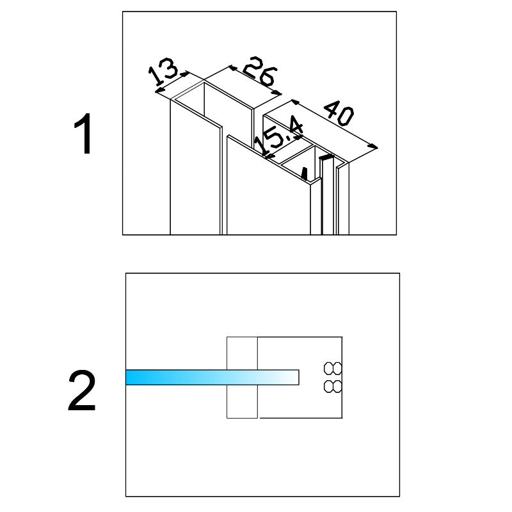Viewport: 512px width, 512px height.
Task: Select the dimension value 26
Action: pos(260,72)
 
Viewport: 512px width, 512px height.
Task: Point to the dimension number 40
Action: pos(339,113)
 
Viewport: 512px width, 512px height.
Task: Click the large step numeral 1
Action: pos(83,134)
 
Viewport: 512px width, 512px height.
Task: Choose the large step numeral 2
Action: pos(82,390)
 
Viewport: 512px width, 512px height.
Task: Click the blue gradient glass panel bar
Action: pos(212,377)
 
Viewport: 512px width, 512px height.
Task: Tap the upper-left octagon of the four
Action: pos(328,369)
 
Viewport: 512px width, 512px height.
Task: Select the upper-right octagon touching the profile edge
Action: pos(337,369)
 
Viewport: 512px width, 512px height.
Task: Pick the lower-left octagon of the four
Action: pos(328,387)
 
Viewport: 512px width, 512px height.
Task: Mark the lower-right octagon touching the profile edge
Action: pos(337,387)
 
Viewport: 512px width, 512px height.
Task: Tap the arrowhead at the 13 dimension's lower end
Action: pos(159,90)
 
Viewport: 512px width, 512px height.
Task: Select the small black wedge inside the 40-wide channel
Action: pos(305,174)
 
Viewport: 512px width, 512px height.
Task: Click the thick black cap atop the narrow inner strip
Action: pos(326,157)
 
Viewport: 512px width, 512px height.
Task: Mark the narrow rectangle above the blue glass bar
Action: pos(242,353)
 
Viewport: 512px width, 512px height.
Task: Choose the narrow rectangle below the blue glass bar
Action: pos(242,401)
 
